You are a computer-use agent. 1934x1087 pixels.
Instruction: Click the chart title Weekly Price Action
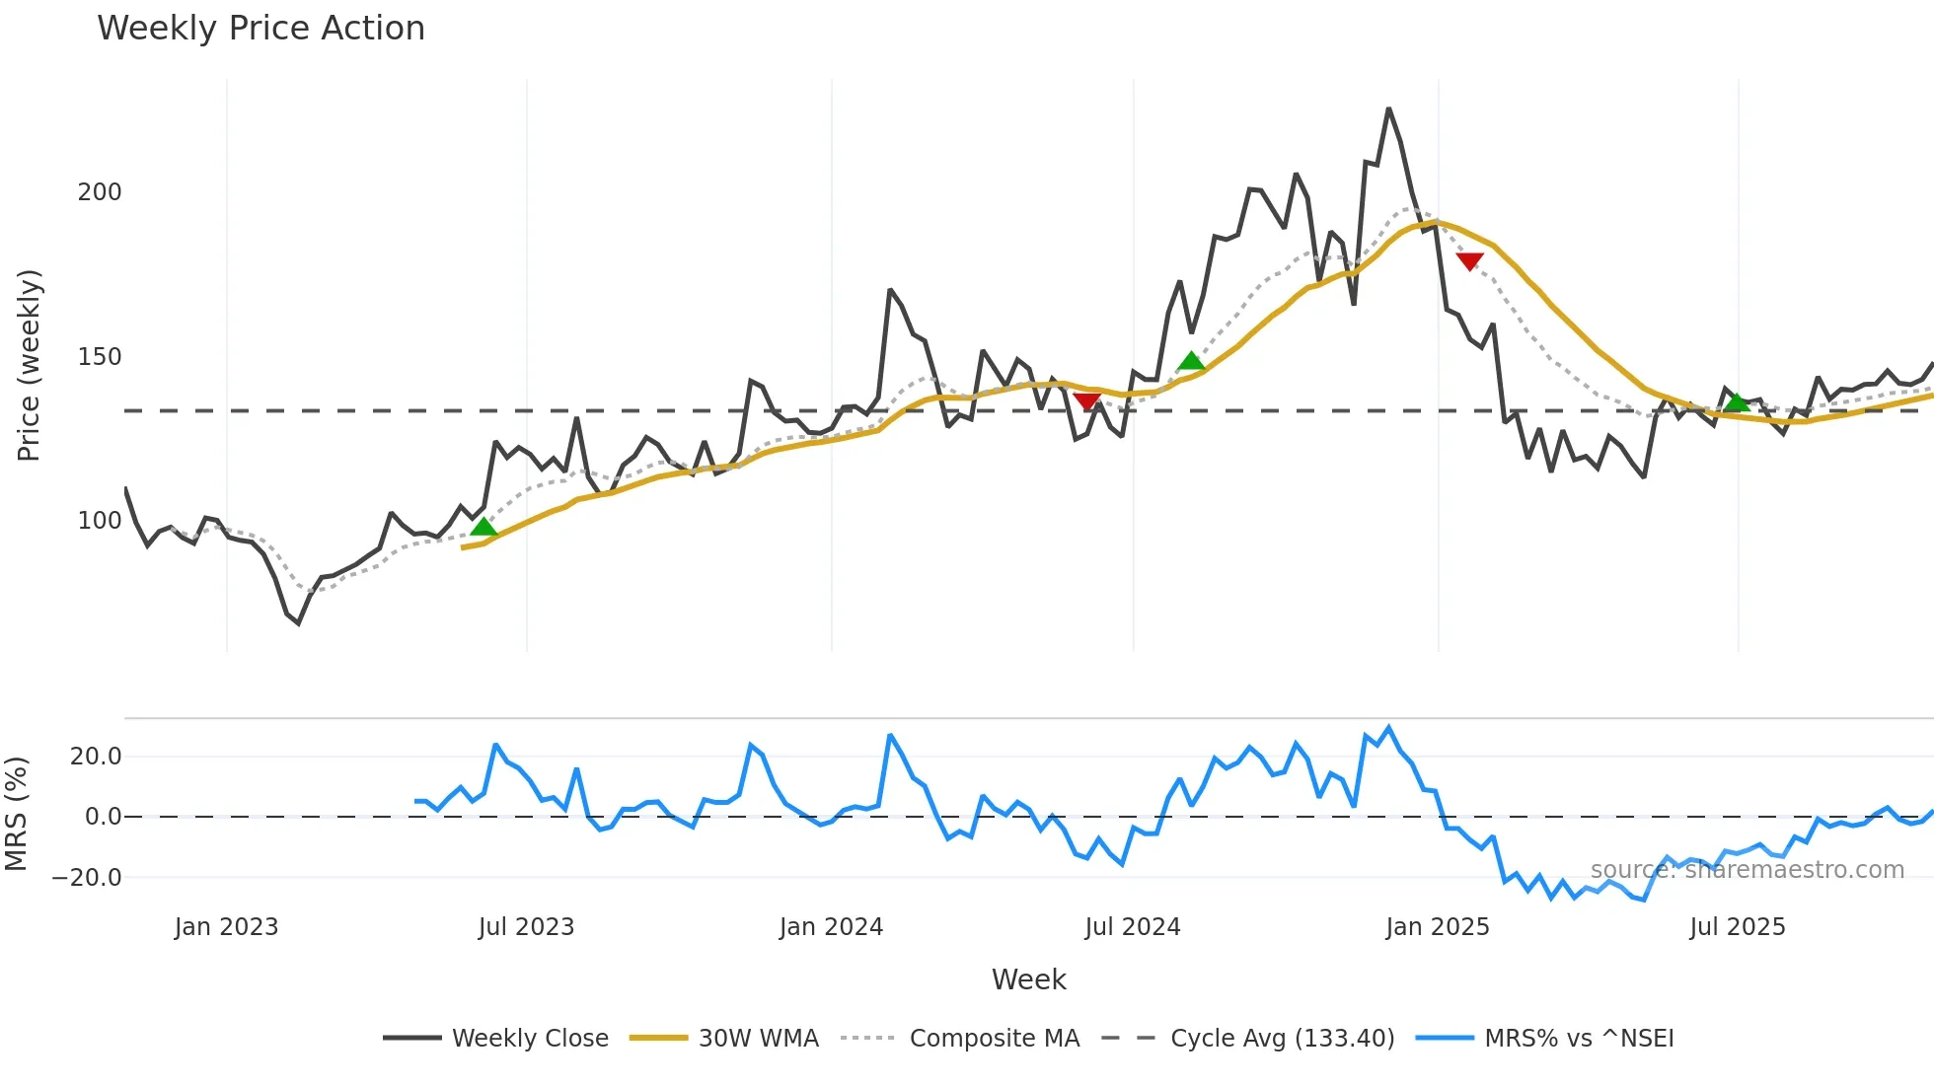click(260, 29)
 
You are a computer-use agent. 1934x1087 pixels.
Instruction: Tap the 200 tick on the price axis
click(100, 192)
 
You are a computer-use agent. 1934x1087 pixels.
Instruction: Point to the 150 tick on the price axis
click(100, 357)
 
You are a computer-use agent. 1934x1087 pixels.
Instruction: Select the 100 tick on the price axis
click(100, 521)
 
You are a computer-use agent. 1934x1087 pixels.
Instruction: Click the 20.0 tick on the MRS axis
click(96, 757)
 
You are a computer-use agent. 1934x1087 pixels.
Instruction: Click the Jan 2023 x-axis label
click(227, 927)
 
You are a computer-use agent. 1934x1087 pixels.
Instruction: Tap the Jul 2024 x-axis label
click(1133, 927)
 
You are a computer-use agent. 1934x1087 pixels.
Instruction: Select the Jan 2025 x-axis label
click(1438, 927)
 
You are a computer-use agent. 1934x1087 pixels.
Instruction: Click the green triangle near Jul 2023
click(483, 527)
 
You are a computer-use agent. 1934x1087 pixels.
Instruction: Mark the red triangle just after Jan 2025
click(1469, 261)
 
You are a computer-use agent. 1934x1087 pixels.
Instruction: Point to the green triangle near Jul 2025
click(1737, 402)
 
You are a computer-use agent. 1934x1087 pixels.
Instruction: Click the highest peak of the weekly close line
click(1388, 109)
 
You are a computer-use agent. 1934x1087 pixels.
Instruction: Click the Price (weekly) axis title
click(30, 365)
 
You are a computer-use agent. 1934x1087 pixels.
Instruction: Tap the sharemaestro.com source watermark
click(1747, 870)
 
